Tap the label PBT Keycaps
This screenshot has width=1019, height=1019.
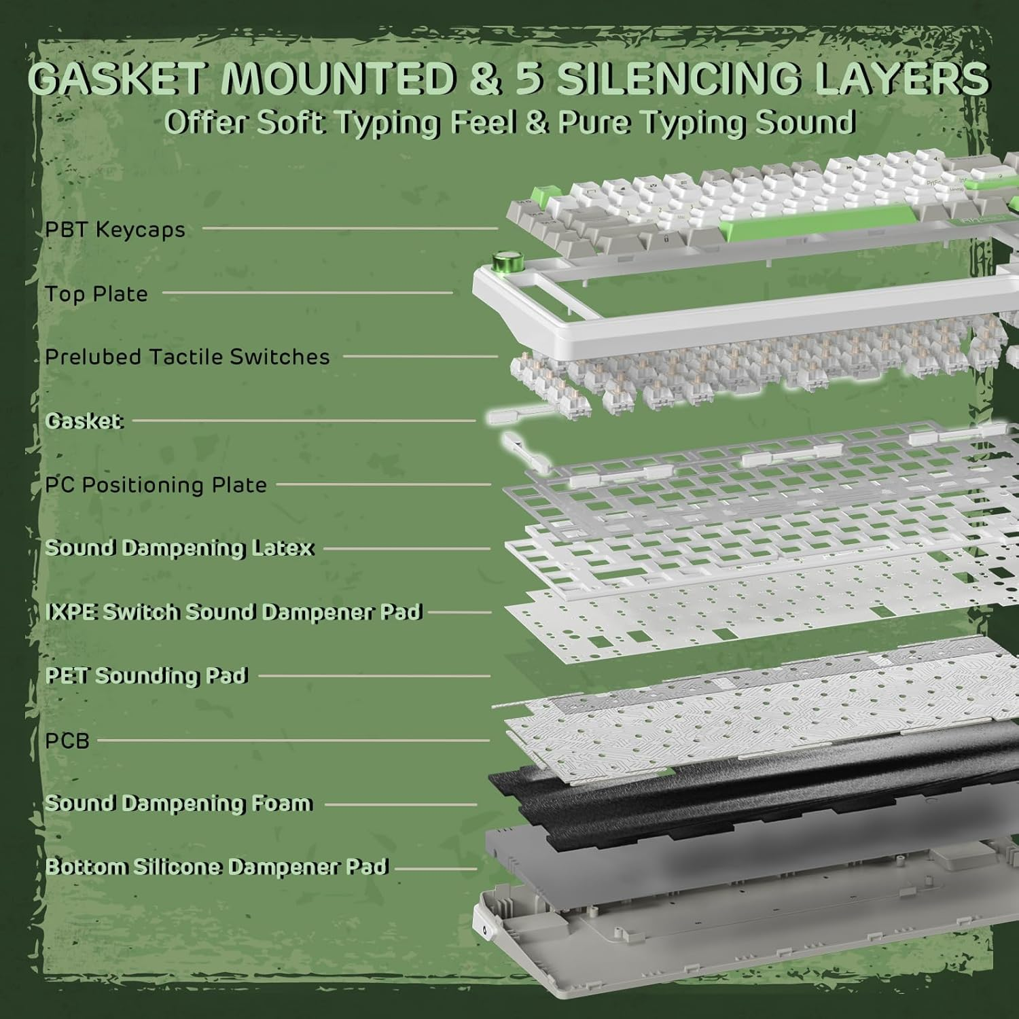(115, 230)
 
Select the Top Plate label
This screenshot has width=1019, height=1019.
(96, 293)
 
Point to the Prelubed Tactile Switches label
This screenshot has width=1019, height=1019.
(187, 357)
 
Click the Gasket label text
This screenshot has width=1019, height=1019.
(84, 421)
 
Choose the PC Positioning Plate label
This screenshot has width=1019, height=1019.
(156, 485)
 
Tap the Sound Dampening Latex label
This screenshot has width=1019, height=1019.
(179, 548)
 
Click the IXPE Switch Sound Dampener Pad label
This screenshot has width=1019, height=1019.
(234, 612)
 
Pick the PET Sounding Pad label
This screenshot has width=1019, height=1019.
(146, 676)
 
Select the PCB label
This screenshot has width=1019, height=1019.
(67, 740)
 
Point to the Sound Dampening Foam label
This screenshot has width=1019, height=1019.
(179, 804)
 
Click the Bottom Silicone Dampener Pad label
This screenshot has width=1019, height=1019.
(216, 868)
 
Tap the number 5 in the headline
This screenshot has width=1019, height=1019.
(531, 78)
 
